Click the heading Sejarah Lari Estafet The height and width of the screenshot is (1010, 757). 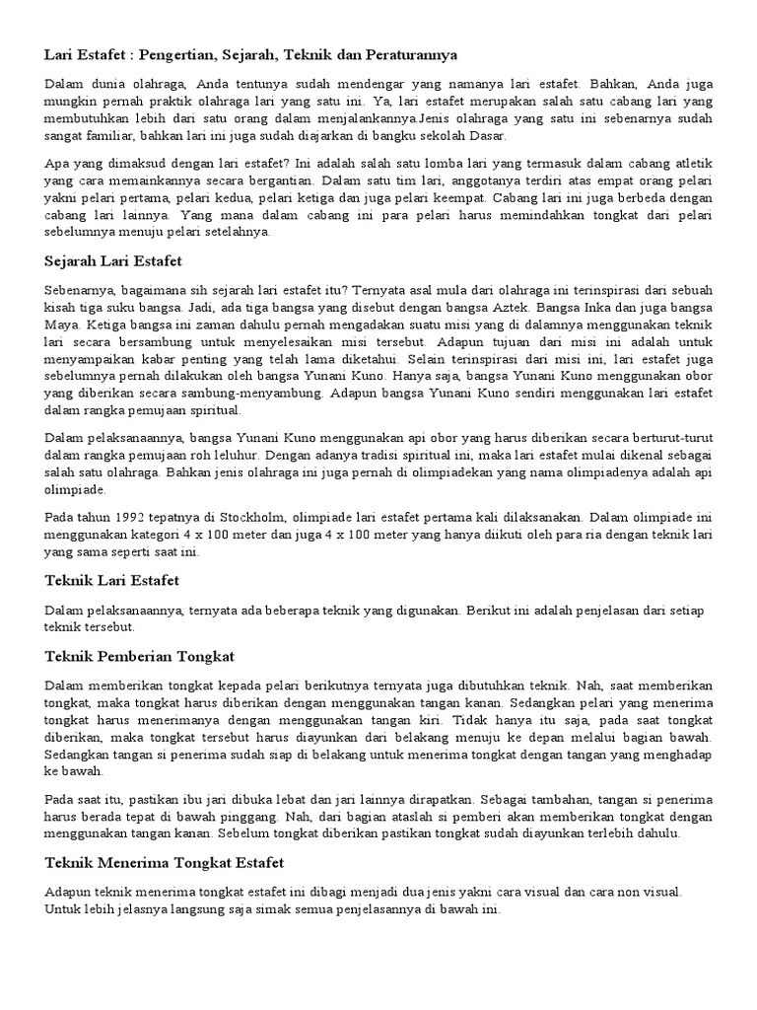point(113,261)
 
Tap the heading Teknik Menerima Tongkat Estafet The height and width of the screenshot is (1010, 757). point(165,862)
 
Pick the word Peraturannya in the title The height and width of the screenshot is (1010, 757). point(413,54)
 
